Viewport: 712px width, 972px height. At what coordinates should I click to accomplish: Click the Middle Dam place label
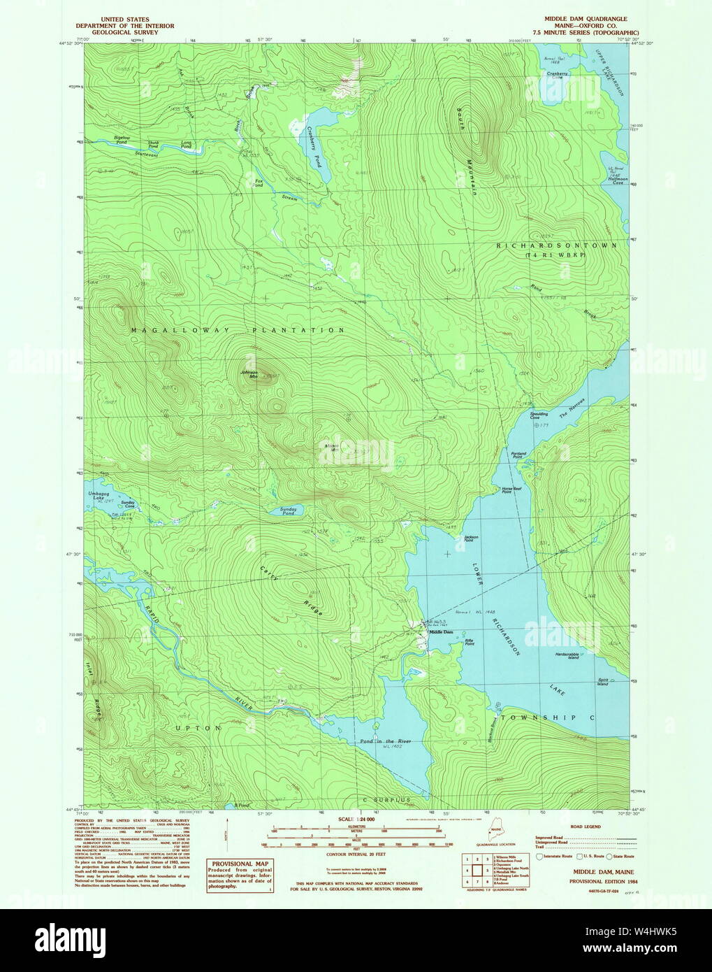[441, 632]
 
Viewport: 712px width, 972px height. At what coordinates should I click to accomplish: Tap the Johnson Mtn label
[250, 375]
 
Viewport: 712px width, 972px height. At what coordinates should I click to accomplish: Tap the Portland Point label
[518, 455]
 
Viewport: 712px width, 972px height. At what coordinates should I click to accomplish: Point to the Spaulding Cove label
[539, 415]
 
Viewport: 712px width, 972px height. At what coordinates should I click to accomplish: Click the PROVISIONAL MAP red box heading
[239, 864]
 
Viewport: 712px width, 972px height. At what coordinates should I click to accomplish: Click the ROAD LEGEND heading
[586, 826]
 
